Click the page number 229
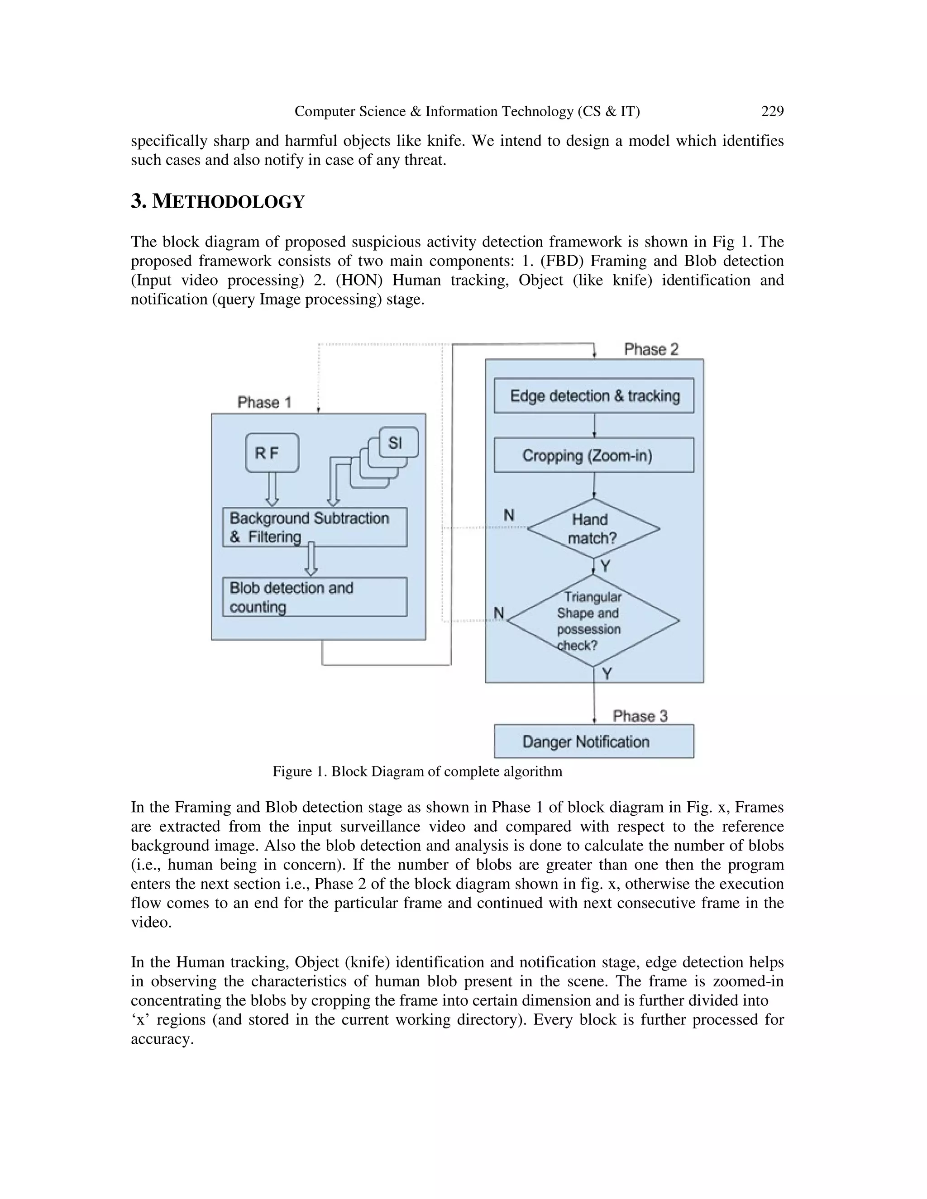tap(772, 111)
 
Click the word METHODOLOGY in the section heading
tap(228, 202)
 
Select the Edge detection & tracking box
tap(594, 395)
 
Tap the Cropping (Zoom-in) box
tap(594, 455)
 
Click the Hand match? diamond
tap(593, 528)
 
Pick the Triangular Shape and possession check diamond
tap(593, 621)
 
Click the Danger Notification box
tap(594, 742)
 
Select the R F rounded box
tap(272, 453)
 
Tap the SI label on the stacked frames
tap(395, 442)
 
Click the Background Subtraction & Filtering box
tap(315, 527)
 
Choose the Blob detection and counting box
tap(315, 597)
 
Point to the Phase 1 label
tap(264, 402)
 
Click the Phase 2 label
tap(651, 349)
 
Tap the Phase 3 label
tap(640, 716)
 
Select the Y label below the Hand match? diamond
tap(605, 566)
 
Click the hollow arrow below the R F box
tap(272, 489)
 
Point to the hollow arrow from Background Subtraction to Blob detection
tap(311, 559)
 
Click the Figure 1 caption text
tap(417, 771)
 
